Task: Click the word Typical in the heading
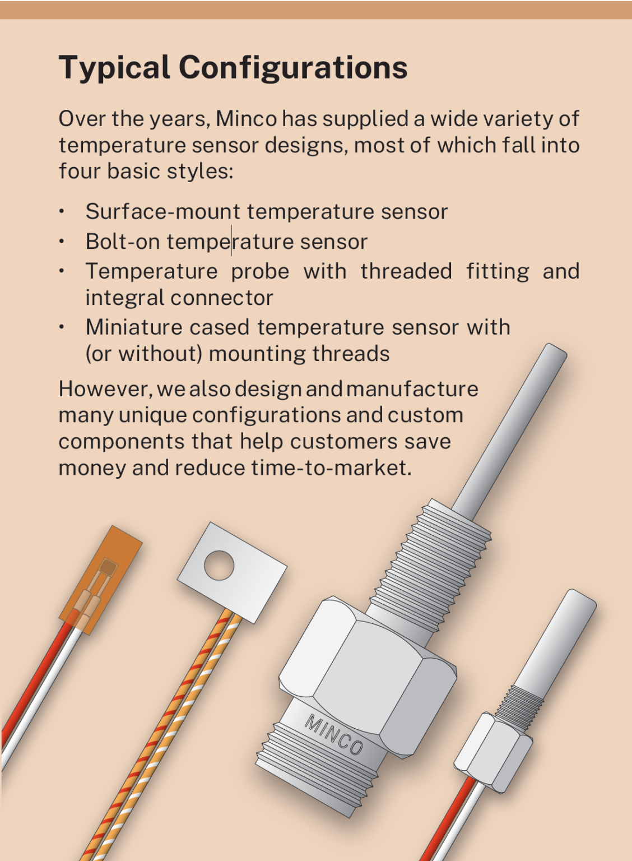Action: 114,68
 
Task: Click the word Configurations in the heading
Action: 293,67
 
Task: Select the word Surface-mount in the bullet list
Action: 163,211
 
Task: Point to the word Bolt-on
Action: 123,242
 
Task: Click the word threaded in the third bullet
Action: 406,271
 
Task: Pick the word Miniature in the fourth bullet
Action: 134,327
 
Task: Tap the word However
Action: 105,389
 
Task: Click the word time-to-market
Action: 331,468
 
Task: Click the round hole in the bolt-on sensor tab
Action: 219,565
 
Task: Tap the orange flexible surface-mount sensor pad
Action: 101,580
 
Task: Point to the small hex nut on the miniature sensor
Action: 493,753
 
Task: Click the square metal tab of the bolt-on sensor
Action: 232,572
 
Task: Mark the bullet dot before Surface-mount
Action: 62,211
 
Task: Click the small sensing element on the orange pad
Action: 108,567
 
